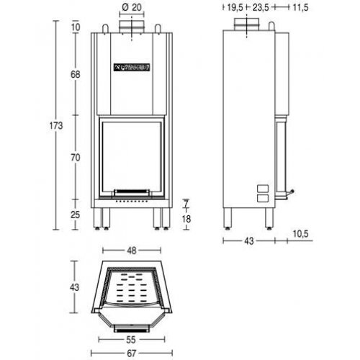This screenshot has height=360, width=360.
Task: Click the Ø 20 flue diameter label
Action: point(131,8)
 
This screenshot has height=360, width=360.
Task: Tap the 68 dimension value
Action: point(76,76)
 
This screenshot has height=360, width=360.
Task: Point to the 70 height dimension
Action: point(76,156)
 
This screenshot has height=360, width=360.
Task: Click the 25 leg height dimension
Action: point(76,215)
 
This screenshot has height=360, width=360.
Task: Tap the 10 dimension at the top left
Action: point(76,27)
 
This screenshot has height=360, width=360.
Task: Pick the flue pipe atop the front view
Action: point(131,25)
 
